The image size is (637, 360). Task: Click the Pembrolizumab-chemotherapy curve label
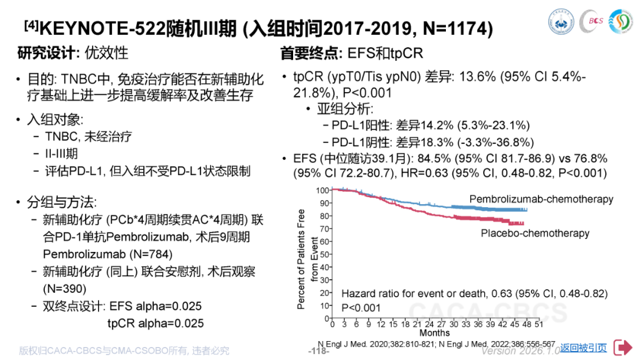(541, 199)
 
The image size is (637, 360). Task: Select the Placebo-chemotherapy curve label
(535, 233)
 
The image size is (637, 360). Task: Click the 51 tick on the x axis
(539, 325)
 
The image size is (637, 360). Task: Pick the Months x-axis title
(435, 333)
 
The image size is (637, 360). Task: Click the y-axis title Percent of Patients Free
(301, 259)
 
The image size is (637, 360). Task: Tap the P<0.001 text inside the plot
(361, 307)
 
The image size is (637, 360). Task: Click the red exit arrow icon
(623, 348)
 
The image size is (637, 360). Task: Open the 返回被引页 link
(583, 348)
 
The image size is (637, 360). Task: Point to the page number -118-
(318, 351)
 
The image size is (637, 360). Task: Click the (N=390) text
(65, 289)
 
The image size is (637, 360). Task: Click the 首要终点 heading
(311, 53)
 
